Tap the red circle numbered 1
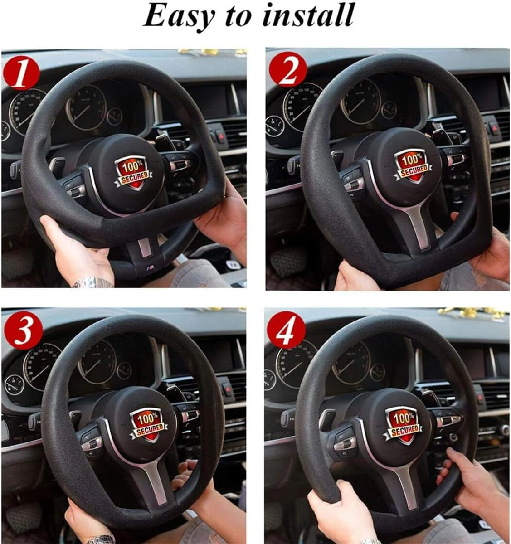coord(20,73)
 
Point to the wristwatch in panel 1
coord(92,283)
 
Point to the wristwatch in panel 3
coord(101,539)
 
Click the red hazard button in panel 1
coord(221,135)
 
